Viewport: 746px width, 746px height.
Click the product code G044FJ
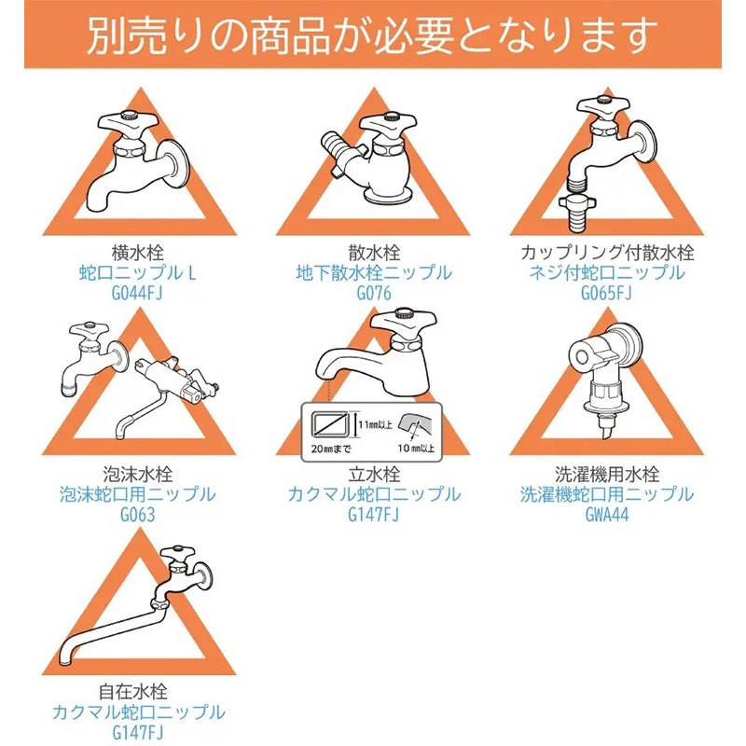coord(137,293)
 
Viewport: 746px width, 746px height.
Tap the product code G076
coord(374,293)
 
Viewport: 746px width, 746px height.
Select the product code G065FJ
coord(607,293)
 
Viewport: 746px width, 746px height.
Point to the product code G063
coord(137,515)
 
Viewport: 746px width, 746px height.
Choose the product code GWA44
coord(607,515)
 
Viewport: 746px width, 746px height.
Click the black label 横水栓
coord(137,252)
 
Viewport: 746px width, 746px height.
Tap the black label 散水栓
coord(374,252)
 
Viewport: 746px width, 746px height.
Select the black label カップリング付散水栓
coord(607,252)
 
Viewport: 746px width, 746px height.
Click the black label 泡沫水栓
coord(137,474)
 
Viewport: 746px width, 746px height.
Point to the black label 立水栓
coord(374,474)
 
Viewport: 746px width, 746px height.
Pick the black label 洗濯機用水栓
coord(607,474)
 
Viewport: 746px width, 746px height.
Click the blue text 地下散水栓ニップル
coord(374,272)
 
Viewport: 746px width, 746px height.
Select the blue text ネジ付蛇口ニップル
coord(607,272)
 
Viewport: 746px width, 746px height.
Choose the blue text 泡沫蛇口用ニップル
coord(137,494)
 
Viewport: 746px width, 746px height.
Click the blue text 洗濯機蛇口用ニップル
coord(607,494)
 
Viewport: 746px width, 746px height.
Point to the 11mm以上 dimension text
coord(376,424)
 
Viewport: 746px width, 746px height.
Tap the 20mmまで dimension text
coord(331,449)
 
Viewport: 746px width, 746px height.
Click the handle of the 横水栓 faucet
coord(128,122)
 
